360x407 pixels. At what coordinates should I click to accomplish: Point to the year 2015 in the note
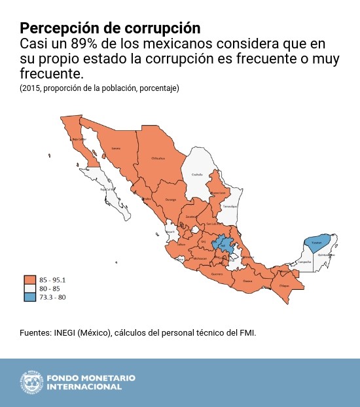point(30,88)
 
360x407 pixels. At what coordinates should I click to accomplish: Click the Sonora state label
point(116,149)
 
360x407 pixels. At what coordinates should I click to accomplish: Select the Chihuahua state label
point(158,158)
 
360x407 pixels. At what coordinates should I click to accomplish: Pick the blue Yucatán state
point(316,243)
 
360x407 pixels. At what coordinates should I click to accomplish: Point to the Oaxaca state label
point(247,281)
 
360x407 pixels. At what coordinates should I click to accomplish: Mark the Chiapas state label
point(283,285)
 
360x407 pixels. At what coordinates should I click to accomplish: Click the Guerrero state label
point(217,275)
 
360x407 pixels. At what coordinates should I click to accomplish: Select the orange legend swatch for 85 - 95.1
point(29,280)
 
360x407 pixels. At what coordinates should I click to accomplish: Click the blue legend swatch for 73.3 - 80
point(29,297)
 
